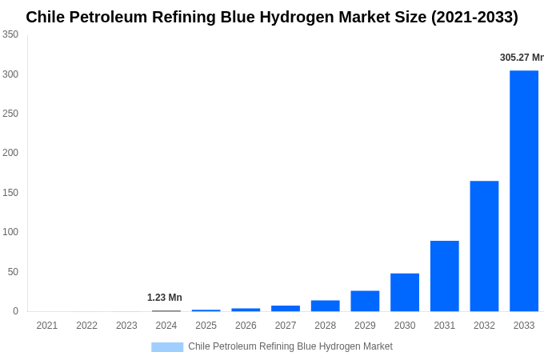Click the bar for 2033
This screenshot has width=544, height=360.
(x=524, y=190)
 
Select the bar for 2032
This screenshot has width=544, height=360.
(x=484, y=246)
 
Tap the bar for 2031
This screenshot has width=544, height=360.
(x=444, y=276)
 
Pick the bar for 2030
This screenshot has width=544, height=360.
(x=405, y=292)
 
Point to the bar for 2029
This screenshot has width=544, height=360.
(x=365, y=301)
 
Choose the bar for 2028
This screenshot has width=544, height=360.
(x=325, y=306)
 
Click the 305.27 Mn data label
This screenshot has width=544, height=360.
(x=521, y=58)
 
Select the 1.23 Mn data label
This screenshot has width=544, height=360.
(x=165, y=298)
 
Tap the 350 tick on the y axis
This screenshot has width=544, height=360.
(x=10, y=34)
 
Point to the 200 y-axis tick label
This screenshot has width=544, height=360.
(x=10, y=153)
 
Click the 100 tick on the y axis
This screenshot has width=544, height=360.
(x=10, y=232)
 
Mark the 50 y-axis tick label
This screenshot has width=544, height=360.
(x=13, y=272)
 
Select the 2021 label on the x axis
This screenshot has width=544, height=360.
(x=47, y=326)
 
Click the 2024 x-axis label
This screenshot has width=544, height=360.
(x=166, y=326)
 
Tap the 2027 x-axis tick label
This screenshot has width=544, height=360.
(x=286, y=326)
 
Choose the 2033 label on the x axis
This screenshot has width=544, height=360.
(x=524, y=326)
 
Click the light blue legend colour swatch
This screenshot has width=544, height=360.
(x=167, y=347)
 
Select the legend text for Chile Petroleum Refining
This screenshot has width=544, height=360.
(x=290, y=346)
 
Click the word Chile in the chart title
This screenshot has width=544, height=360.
(x=46, y=17)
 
